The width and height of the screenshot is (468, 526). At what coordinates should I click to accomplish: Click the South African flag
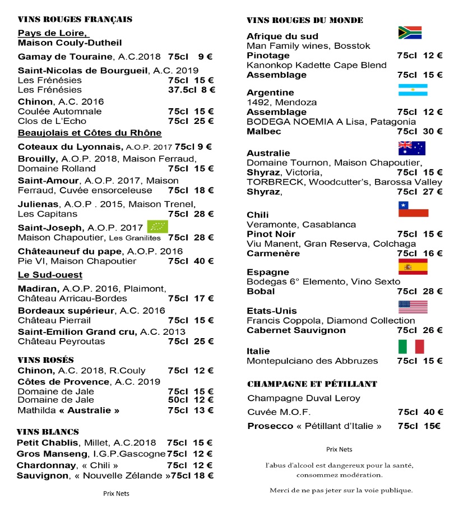tap(409, 33)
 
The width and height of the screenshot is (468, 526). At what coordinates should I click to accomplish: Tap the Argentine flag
tap(413, 90)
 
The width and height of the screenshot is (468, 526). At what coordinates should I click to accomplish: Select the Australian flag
tap(411, 148)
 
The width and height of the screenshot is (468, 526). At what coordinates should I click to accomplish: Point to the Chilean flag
tap(413, 209)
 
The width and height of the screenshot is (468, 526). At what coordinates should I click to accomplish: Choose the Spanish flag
tap(413, 267)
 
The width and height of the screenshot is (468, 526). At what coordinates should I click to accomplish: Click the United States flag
tap(413, 307)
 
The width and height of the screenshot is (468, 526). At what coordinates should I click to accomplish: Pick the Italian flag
tap(411, 347)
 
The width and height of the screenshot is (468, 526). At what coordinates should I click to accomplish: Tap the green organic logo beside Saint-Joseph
tap(157, 227)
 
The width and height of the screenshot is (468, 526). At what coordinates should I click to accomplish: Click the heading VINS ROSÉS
tap(46, 359)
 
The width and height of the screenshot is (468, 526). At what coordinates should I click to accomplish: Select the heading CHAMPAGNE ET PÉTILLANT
tap(312, 384)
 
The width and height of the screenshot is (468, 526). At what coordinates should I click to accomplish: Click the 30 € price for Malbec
tap(433, 131)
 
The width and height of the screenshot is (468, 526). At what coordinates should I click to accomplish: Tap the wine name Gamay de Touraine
tap(65, 57)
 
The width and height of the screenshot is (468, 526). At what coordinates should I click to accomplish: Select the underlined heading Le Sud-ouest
tap(50, 275)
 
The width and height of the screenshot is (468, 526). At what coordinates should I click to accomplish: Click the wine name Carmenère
tap(273, 253)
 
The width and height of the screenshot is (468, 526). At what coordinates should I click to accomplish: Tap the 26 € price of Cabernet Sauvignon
tap(433, 330)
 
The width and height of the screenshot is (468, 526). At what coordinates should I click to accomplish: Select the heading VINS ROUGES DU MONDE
tap(305, 20)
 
